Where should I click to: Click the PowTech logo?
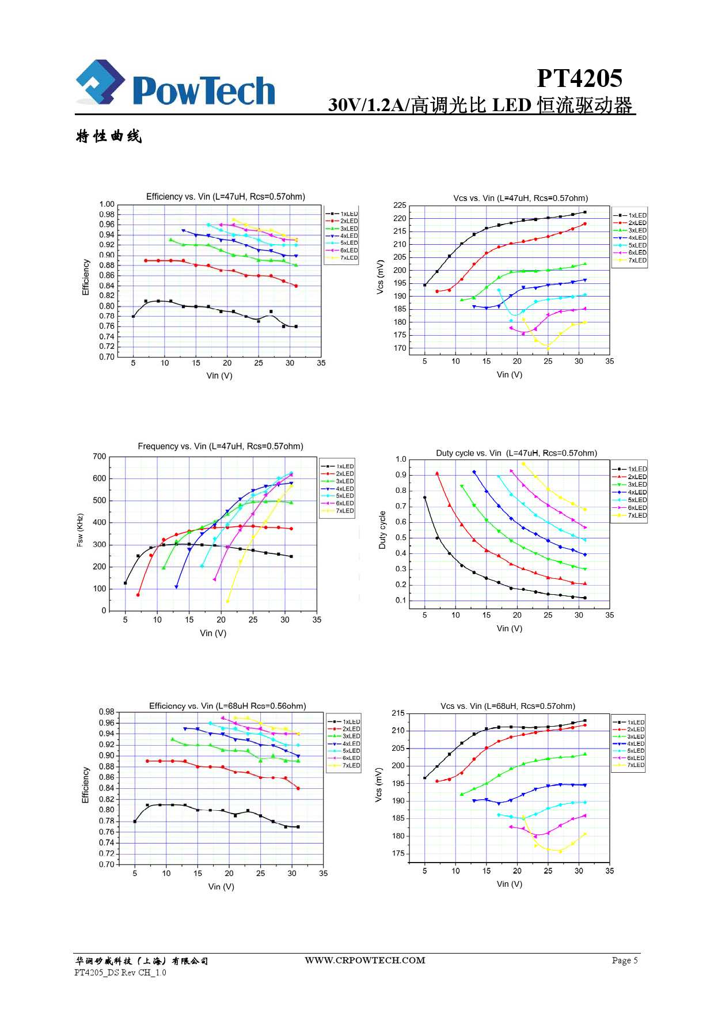pyautogui.click(x=176, y=83)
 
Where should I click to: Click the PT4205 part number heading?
pyautogui.click(x=579, y=78)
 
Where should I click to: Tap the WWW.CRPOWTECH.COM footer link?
pyautogui.click(x=364, y=960)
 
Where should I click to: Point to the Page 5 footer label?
pyautogui.click(x=624, y=960)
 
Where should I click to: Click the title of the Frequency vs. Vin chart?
pyautogui.click(x=221, y=446)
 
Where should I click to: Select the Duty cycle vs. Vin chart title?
pyautogui.click(x=516, y=453)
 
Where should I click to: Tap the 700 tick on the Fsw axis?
pyautogui.click(x=100, y=457)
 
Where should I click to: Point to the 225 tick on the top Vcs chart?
pyautogui.click(x=400, y=206)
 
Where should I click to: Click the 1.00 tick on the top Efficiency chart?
pyautogui.click(x=107, y=204)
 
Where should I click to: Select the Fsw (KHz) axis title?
pyautogui.click(x=80, y=530)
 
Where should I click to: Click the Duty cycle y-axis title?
pyautogui.click(x=382, y=530)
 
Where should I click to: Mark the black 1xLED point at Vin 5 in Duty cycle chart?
pyautogui.click(x=425, y=498)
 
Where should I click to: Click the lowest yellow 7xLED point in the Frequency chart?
pyautogui.click(x=228, y=601)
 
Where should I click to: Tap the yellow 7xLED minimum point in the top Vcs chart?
pyautogui.click(x=548, y=348)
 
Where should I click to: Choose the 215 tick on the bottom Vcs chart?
pyautogui.click(x=398, y=713)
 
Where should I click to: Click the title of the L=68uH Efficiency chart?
pyautogui.click(x=227, y=706)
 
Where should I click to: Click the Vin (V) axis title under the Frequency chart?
pyautogui.click(x=213, y=633)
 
